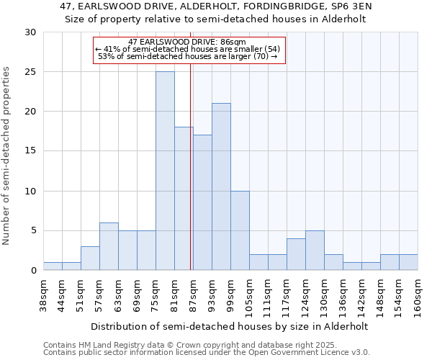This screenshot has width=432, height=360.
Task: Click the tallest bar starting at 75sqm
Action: pyautogui.click(x=165, y=171)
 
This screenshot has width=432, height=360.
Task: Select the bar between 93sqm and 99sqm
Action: pyautogui.click(x=221, y=186)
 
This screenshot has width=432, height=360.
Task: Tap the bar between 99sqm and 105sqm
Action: pyautogui.click(x=240, y=230)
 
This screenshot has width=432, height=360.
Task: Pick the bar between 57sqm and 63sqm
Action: pyautogui.click(x=109, y=246)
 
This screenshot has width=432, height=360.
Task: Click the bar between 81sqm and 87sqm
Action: pyautogui.click(x=184, y=199)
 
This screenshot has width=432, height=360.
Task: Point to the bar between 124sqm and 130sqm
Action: pyautogui.click(x=315, y=251)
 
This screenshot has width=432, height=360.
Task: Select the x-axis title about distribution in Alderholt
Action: pyautogui.click(x=230, y=326)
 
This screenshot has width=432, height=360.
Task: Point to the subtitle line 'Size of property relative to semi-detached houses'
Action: pyautogui.click(x=215, y=19)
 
